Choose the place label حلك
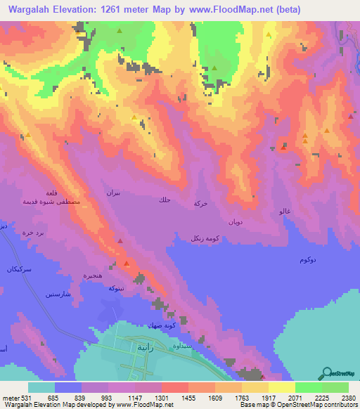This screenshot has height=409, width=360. pyautogui.click(x=164, y=201)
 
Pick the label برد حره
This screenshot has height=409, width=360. pyautogui.click(x=31, y=232)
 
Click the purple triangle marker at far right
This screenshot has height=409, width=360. pyautogui.click(x=350, y=117)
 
